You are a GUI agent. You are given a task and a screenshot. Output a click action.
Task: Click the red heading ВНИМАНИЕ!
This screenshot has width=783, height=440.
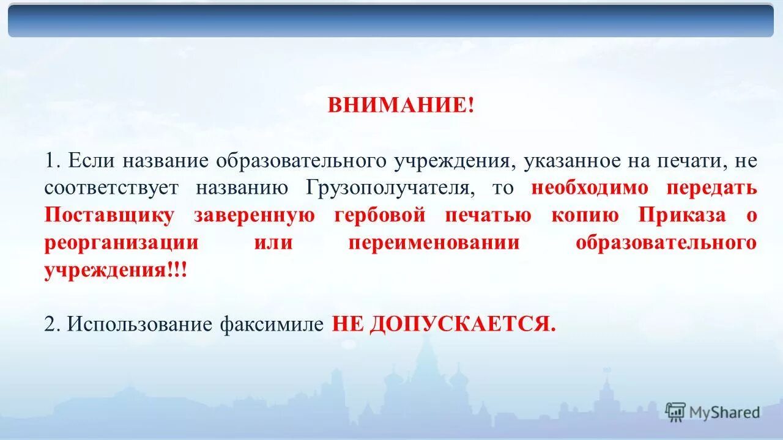(x=401, y=105)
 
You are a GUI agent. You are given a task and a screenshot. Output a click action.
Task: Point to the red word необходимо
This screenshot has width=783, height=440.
(x=590, y=188)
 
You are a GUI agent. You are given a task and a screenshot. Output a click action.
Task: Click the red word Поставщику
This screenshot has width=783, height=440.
(x=109, y=215)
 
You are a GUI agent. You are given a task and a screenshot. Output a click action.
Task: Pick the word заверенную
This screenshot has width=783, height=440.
(x=254, y=215)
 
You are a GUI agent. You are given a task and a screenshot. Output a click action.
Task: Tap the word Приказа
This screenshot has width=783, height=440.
(x=682, y=215)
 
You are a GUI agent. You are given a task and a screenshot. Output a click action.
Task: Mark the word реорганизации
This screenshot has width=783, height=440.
(x=121, y=242)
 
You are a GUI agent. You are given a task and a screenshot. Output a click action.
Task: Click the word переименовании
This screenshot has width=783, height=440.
(x=434, y=242)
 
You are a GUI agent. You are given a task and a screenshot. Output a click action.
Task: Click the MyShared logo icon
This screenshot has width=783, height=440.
(x=675, y=412)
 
